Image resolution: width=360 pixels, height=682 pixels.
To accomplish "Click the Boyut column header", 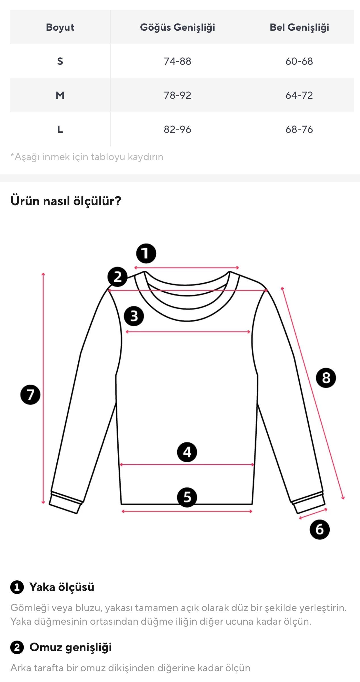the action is [x=60, y=27].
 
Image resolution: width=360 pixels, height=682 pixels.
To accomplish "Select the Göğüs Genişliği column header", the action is [x=178, y=28].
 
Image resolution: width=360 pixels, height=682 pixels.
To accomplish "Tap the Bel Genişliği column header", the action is [x=299, y=28].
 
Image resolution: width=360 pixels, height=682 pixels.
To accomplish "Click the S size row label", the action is [x=60, y=61].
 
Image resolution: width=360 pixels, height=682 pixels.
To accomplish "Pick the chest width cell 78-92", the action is [x=178, y=95].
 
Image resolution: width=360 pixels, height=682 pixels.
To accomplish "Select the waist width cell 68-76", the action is [x=299, y=129].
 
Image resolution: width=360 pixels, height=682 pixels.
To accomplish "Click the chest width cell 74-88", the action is [x=178, y=61].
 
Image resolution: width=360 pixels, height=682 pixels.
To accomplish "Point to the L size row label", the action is [x=60, y=129].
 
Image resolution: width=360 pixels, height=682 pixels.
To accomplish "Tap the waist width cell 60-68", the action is [x=299, y=61].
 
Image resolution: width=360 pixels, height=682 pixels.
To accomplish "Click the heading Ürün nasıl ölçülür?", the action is [x=66, y=201].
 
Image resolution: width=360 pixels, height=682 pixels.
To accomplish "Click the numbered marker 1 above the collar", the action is [x=146, y=253].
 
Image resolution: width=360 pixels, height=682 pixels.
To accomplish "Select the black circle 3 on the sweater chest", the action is [x=134, y=316].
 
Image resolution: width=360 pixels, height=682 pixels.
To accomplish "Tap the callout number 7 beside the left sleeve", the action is [x=30, y=395].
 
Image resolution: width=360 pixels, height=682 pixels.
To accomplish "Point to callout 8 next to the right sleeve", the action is [x=326, y=378].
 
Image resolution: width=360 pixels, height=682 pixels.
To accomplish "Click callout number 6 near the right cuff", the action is [x=319, y=529].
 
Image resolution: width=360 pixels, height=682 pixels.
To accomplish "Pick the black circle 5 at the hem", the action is [x=187, y=497].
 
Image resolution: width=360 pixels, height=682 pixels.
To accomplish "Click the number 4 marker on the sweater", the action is [x=187, y=452].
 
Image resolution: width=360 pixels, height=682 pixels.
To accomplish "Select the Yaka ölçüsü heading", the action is [x=62, y=587].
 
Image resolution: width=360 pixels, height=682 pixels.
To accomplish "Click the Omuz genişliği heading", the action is [x=71, y=647].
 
